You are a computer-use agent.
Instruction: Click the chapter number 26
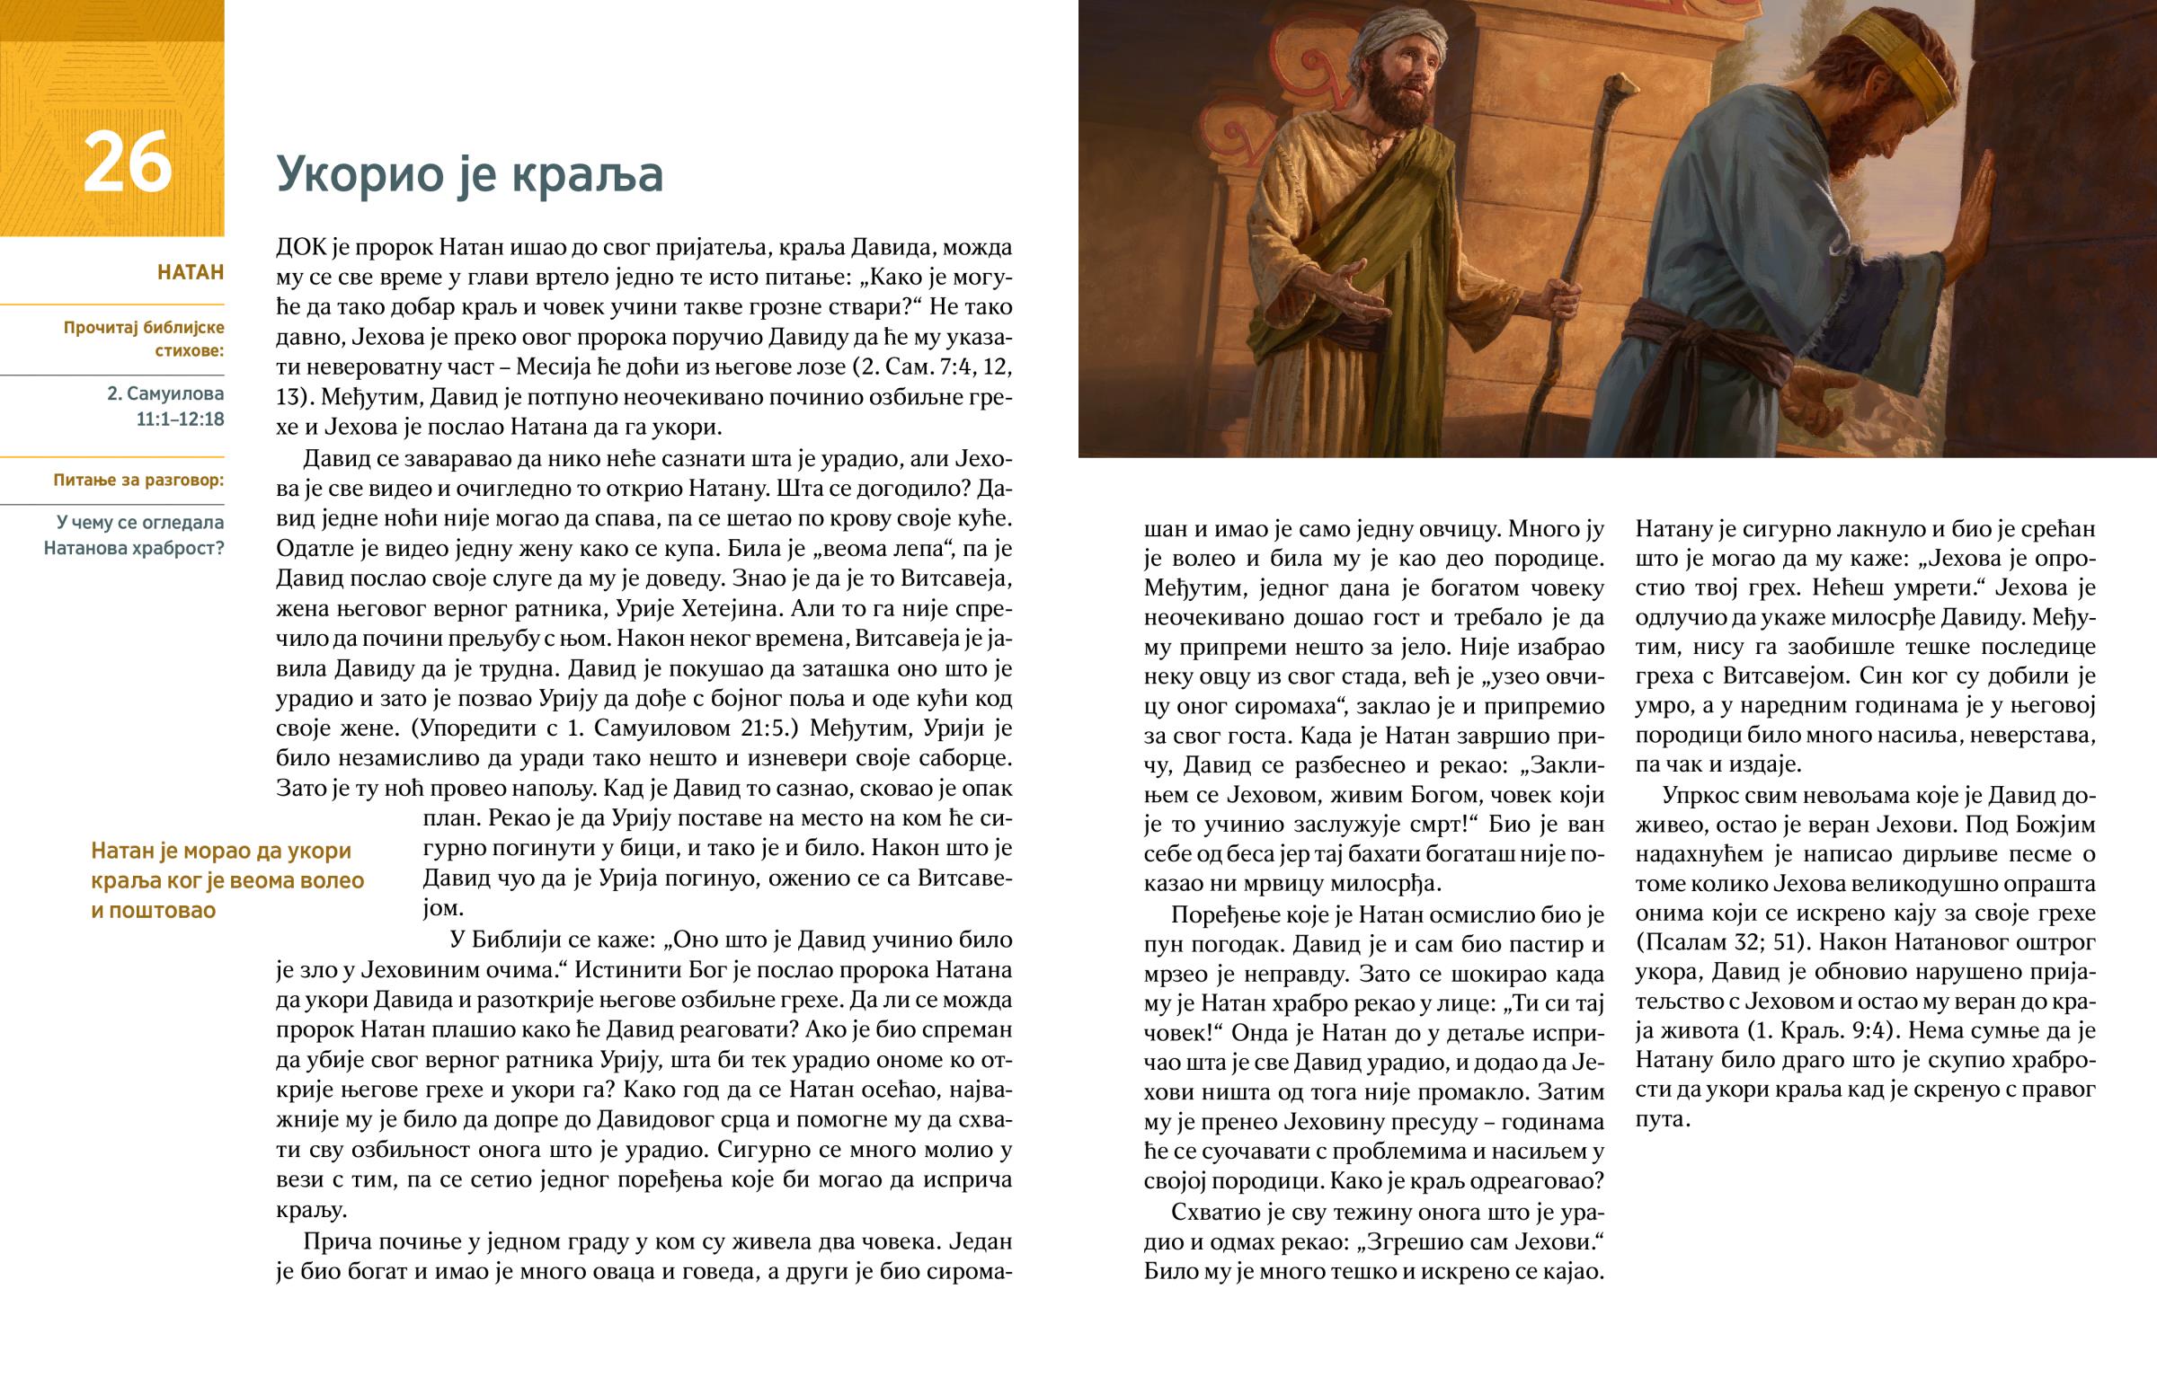coord(127,163)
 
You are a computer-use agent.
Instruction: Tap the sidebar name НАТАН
coord(190,272)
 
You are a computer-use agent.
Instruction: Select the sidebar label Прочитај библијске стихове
coord(143,339)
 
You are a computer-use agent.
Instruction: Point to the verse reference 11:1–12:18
coord(180,419)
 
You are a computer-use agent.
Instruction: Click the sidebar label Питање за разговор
coord(138,480)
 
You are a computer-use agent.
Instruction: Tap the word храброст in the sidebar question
coord(177,548)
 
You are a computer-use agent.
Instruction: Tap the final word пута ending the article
coord(1661,1119)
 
